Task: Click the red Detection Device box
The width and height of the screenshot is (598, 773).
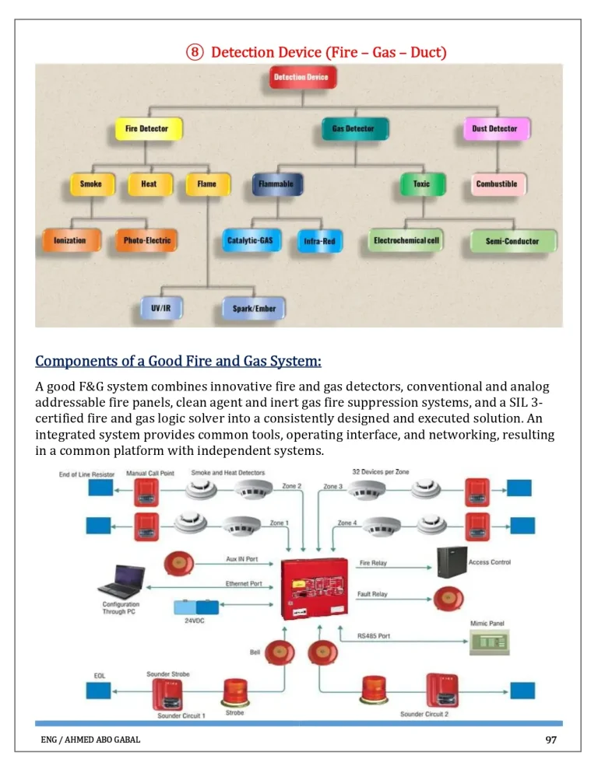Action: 301,77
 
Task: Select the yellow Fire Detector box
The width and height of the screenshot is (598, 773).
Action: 146,128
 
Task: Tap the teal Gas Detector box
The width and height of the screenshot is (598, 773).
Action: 354,128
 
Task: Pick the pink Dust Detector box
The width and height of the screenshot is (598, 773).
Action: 495,128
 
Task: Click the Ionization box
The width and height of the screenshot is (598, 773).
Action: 70,240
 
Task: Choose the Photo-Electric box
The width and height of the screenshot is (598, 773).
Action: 146,240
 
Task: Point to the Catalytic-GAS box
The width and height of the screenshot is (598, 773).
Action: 249,241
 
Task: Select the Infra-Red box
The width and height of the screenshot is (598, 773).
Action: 319,241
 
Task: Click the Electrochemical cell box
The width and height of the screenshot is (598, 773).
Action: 406,240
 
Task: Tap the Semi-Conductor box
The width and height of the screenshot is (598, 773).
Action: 512,241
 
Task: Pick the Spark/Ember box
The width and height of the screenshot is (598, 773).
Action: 254,308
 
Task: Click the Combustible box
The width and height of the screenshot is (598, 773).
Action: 496,184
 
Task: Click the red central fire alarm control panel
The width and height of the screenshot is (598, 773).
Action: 315,588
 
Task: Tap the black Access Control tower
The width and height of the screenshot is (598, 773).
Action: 452,562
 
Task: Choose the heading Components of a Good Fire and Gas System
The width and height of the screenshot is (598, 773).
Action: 178,362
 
